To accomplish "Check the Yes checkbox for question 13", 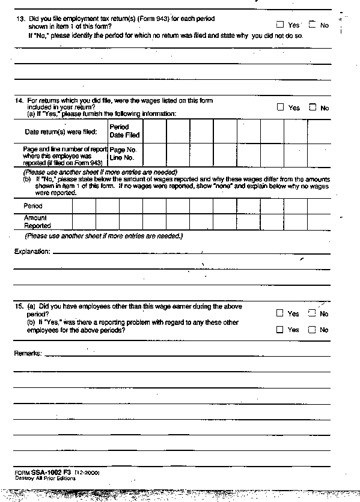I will pos(281,25).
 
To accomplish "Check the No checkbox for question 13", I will pos(312,25).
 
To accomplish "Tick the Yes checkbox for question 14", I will pos(281,107).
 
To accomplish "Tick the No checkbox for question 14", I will pos(312,107).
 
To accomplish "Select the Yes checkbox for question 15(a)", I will pos(280,313).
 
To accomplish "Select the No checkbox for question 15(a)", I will pos(311,313).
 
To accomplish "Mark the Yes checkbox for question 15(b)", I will pos(280,329).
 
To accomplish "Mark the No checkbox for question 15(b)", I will pos(311,329).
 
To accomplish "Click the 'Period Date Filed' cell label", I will pos(124,131).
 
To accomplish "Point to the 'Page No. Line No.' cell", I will pos(123,154).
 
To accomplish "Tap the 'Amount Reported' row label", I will pos(37,222).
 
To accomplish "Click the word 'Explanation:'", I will pos(32,251).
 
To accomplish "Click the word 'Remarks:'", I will pos(28,353).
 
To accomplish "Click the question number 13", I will pos(19,19).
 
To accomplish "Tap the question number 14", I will pos(19,100).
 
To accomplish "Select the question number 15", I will pos(19,306).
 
